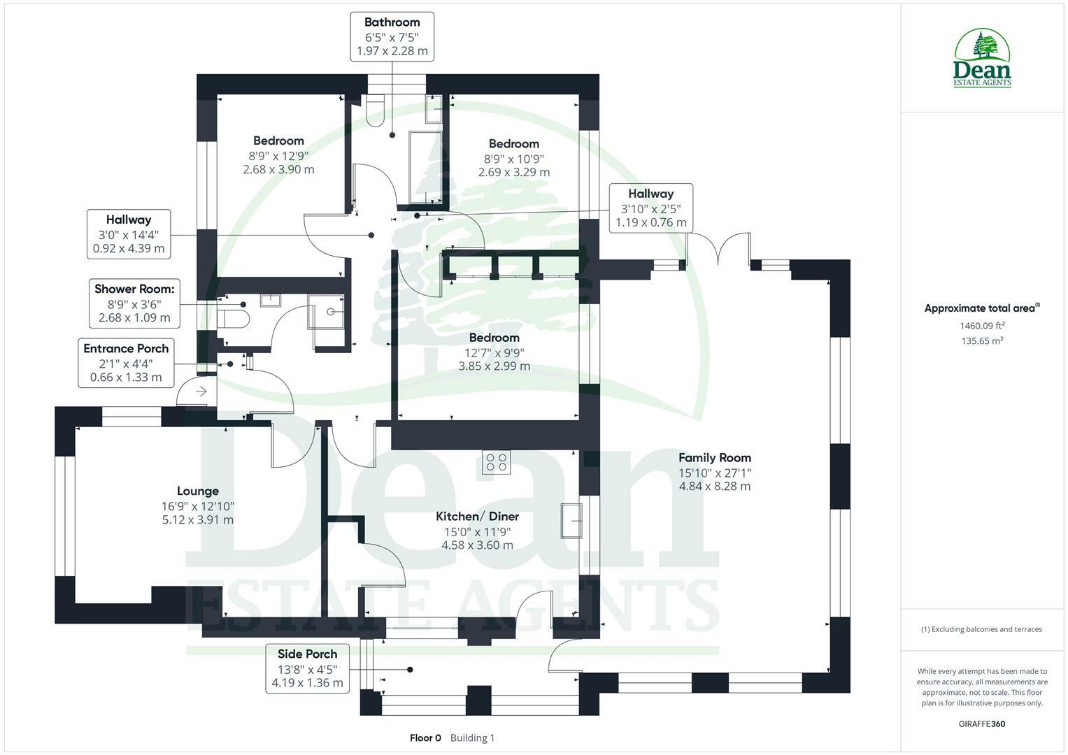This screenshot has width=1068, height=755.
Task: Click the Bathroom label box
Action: [392, 36]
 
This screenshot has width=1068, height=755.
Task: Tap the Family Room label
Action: [715, 458]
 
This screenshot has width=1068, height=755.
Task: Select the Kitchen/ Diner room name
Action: [477, 517]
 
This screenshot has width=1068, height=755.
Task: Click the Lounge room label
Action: [198, 491]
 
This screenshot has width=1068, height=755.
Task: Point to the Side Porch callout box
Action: [307, 668]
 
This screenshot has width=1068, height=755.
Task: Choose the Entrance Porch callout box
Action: [126, 363]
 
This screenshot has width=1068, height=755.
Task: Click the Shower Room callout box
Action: [134, 303]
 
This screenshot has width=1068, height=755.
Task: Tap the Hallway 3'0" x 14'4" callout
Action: [129, 233]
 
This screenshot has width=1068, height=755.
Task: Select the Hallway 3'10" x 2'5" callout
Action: [650, 208]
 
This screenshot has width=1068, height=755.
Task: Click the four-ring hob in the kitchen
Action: [497, 462]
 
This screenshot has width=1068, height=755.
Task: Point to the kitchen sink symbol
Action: [571, 520]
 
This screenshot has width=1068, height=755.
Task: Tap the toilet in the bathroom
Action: [375, 110]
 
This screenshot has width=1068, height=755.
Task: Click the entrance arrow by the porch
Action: [201, 391]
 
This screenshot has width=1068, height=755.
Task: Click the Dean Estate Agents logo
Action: [983, 58]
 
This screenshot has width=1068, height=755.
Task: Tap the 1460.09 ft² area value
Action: [983, 325]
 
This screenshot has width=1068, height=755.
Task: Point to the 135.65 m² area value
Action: [983, 341]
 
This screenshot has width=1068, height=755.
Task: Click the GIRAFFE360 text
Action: [982, 724]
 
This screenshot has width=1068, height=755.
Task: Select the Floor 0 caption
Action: [425, 738]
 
